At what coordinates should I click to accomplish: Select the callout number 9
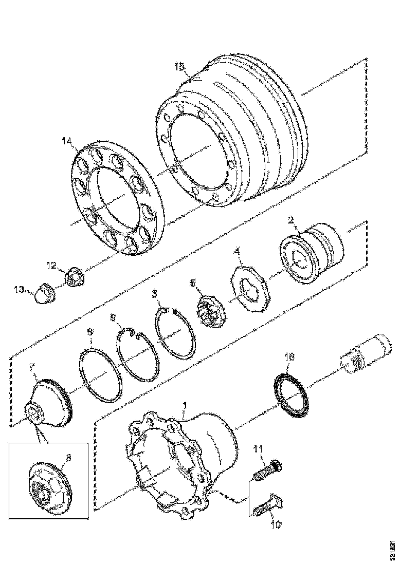pos(114,318)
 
